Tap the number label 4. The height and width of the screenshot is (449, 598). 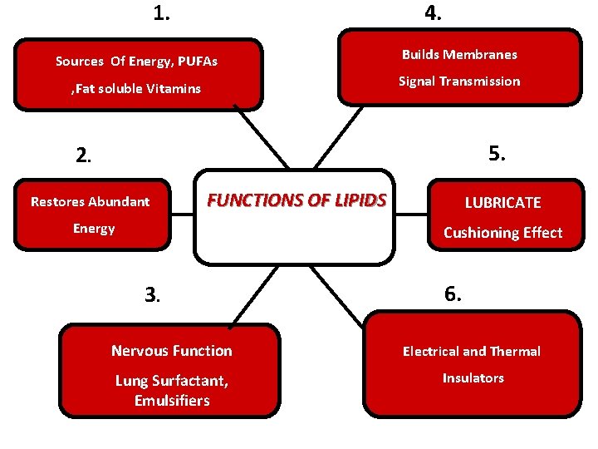coord(433,13)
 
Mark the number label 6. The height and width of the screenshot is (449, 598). coord(453,294)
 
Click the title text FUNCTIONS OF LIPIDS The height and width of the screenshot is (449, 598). coord(297,200)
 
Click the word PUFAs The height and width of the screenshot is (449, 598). coord(196,61)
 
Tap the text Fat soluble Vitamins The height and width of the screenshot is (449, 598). coord(136,88)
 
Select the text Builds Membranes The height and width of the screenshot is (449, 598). coord(459,54)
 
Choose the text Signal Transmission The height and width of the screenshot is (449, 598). coord(459,81)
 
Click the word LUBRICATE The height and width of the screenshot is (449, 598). coord(502,203)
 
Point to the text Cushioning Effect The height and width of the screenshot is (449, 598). coord(502,233)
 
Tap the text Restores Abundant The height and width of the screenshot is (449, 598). coord(90,201)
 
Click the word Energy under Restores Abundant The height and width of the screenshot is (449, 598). coord(94,228)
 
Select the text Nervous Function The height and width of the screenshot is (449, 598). coord(172,351)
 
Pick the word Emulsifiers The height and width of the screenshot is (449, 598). coord(172,401)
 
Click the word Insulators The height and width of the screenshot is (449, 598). coord(473,377)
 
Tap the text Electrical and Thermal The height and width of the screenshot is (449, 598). coord(472,351)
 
